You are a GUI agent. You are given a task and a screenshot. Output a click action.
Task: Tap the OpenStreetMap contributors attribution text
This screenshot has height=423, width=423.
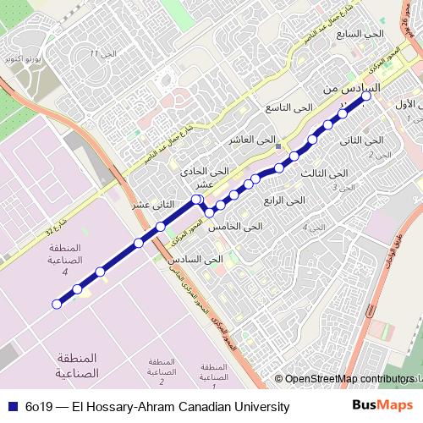(348, 379)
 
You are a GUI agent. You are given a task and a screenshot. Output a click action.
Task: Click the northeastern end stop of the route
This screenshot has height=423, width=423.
(367, 97)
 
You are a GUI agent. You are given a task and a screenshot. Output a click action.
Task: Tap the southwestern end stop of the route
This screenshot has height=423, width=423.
(58, 304)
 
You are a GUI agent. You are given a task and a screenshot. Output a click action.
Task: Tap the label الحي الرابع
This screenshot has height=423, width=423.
(283, 201)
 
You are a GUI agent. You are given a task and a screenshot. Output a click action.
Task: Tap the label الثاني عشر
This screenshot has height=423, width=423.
(152, 205)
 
